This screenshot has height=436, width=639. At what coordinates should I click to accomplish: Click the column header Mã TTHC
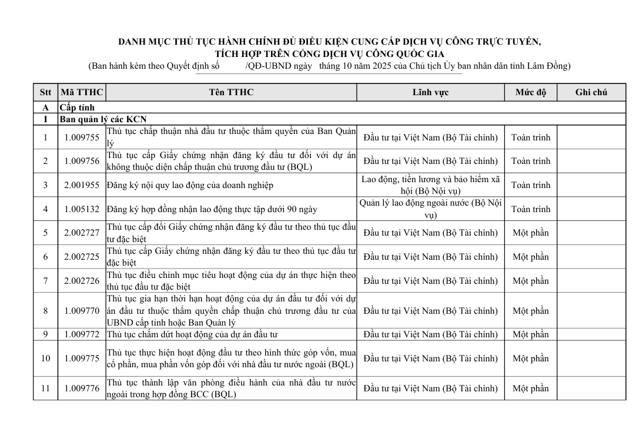pos(82,93)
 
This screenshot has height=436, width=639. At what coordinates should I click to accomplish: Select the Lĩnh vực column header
pos(430,93)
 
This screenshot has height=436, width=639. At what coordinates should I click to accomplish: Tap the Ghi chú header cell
pos(591,93)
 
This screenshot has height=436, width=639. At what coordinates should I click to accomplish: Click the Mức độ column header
pos(531,93)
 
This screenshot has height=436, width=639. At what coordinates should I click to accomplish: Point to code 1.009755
pos(82,137)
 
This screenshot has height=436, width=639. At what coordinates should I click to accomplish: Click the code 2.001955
pos(82,185)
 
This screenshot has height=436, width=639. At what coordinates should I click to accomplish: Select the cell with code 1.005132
pos(82,209)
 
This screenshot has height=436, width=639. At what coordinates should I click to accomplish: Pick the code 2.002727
pos(82,233)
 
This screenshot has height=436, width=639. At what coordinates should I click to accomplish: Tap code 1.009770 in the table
pos(82,311)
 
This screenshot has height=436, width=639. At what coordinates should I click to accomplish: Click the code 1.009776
pos(82,388)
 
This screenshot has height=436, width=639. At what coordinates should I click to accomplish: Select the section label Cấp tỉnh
pos(77,108)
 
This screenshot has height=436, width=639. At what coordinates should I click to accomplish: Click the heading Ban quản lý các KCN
pos(103,119)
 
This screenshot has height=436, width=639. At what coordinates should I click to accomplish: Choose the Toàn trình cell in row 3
pos(531,185)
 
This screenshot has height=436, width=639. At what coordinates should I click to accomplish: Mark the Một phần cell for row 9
pos(531,335)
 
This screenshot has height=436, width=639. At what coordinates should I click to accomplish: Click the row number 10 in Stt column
pos(45,358)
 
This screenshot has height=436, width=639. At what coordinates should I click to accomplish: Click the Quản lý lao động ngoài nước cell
pos(430,209)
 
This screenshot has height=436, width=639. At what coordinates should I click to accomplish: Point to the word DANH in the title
pos(132,42)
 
